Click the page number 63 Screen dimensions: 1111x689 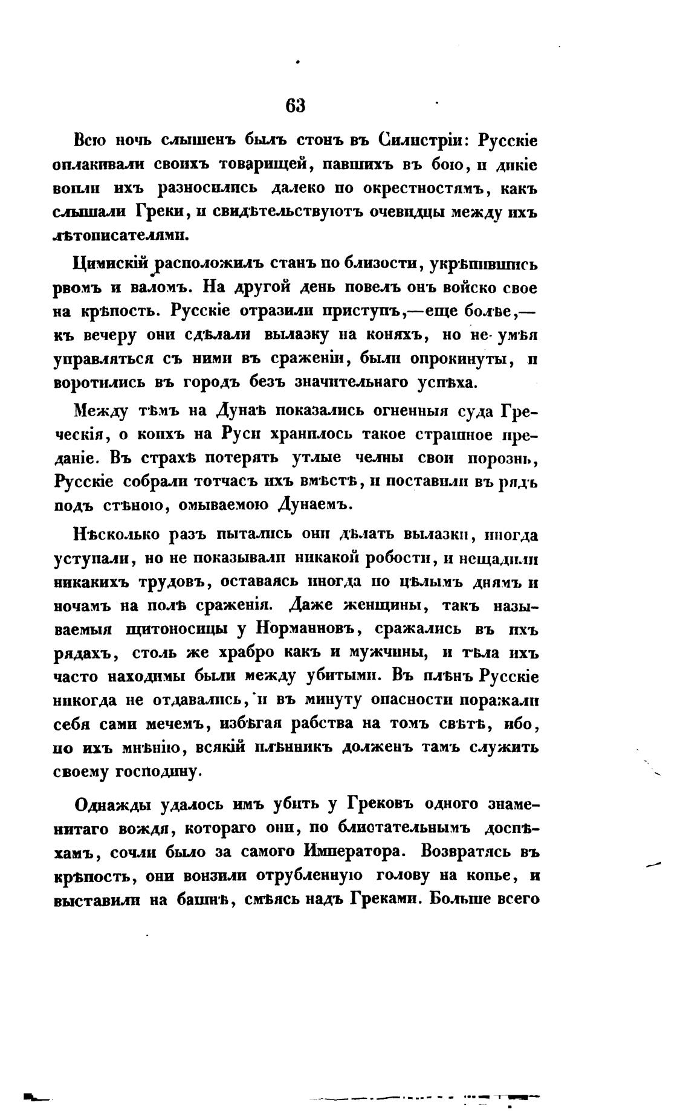pyautogui.click(x=296, y=105)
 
